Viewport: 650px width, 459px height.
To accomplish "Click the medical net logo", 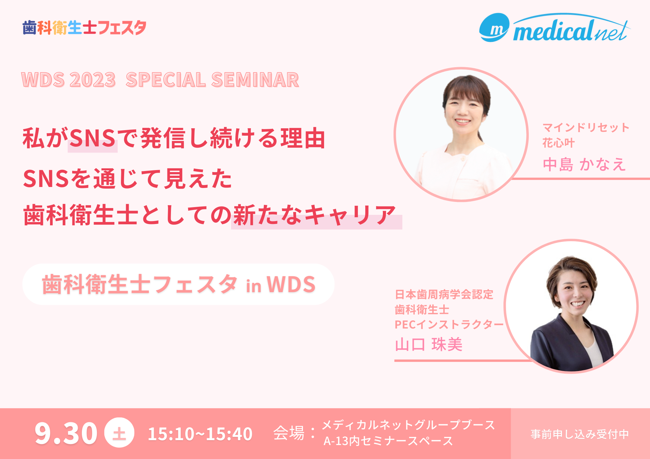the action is (x=555, y=28).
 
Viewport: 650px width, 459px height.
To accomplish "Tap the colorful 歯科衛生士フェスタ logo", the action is (x=84, y=28).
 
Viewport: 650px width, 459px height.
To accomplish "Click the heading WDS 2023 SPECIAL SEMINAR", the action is (x=160, y=80).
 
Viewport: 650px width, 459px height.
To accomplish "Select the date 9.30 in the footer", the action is (x=66, y=433).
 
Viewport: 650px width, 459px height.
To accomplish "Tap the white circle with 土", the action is (x=119, y=433).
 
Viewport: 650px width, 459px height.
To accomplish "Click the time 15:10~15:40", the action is (x=200, y=434).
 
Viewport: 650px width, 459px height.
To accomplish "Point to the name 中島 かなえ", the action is (x=584, y=164).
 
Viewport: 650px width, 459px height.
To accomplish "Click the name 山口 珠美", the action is (x=429, y=344).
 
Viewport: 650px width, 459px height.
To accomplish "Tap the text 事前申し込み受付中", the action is (x=580, y=434).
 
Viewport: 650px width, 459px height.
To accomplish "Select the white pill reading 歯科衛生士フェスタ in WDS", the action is (x=178, y=284).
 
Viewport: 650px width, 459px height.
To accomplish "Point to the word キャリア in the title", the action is (x=350, y=215).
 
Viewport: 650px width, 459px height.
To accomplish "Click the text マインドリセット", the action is (x=586, y=128).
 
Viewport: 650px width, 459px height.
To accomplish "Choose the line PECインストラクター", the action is (x=449, y=324).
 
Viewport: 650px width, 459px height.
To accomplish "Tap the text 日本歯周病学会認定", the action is (x=444, y=294).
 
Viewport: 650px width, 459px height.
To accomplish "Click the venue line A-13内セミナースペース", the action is (x=388, y=441).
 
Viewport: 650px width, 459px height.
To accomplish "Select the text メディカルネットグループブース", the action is (x=409, y=425).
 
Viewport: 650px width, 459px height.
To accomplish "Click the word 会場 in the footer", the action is (x=289, y=433).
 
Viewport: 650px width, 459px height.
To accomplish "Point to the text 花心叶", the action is (x=559, y=143).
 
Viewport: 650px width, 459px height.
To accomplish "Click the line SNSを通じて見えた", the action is (x=128, y=179).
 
